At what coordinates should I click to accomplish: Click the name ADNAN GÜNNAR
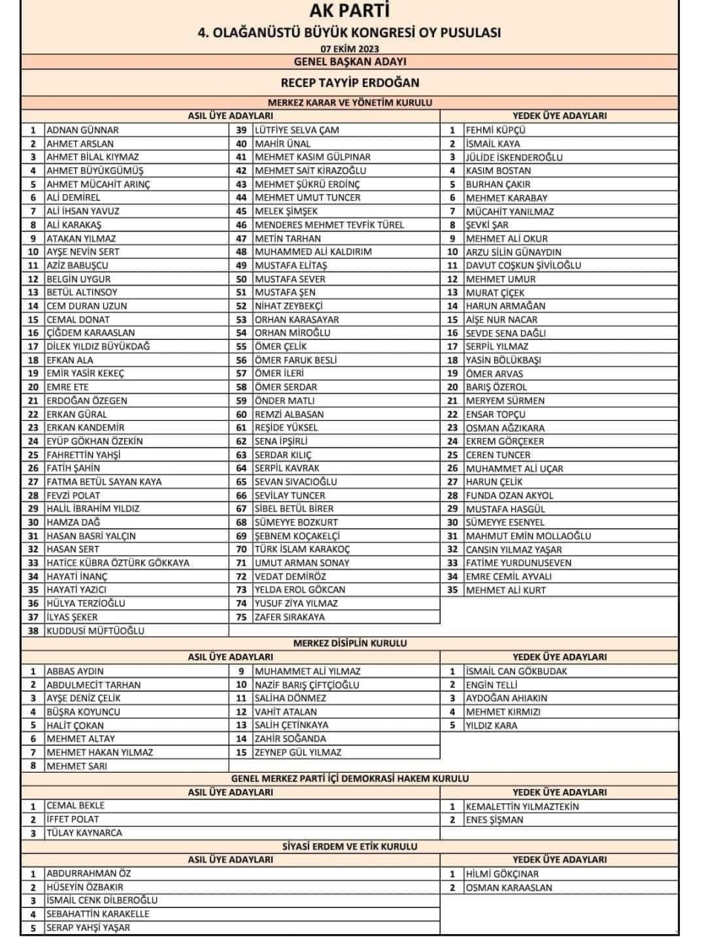(x=82, y=129)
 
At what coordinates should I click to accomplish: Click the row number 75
(x=241, y=617)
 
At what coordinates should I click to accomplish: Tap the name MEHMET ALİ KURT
(x=506, y=590)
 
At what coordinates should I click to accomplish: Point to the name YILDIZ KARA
(x=492, y=726)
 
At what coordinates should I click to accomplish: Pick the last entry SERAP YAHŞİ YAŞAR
(x=88, y=927)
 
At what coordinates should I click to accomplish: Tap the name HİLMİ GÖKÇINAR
(x=502, y=874)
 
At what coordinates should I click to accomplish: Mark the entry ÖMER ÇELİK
(x=281, y=347)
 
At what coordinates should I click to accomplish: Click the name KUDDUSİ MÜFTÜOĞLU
(x=95, y=631)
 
